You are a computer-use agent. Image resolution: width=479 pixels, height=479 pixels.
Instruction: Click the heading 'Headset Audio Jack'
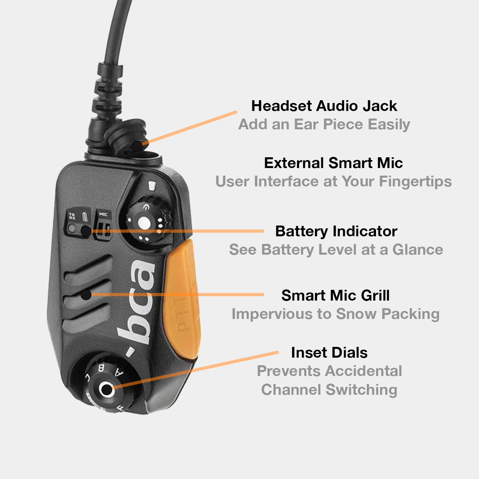click(324, 106)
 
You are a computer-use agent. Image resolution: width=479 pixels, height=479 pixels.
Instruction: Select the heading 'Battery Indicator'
click(336, 232)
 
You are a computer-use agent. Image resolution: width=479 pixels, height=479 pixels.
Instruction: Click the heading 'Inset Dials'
click(329, 353)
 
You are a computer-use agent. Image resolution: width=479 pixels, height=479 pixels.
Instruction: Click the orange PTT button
click(182, 303)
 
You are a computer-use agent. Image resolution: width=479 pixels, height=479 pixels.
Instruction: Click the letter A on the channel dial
click(119, 372)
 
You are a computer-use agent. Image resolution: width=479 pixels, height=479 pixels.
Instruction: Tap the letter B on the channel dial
click(101, 367)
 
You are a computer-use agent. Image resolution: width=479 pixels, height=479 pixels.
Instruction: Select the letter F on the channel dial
click(120, 409)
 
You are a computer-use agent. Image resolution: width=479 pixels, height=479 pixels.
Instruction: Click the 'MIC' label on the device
click(103, 214)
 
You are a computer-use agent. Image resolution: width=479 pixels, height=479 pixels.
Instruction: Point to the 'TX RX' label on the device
click(72, 217)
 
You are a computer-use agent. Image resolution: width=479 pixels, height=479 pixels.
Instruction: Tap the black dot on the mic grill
click(86, 295)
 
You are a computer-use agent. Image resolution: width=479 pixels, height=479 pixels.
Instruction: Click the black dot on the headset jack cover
click(137, 146)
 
